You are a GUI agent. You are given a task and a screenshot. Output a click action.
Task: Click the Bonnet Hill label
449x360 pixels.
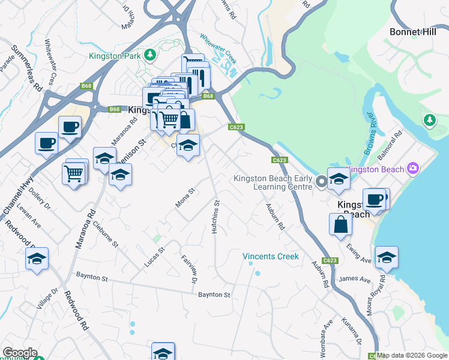click(x=412, y=32)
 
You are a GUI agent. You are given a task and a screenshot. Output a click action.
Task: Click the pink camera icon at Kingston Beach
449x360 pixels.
click(x=412, y=169)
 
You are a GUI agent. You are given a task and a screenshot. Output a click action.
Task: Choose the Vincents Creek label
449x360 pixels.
click(x=270, y=256)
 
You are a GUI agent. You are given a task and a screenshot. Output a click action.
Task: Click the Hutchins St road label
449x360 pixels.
click(x=217, y=217)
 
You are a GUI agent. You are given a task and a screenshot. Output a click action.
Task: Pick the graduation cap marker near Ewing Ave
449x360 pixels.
click(x=387, y=257)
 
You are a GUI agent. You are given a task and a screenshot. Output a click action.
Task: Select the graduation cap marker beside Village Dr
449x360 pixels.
click(x=37, y=259)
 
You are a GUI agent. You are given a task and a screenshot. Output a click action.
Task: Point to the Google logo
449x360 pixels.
click(x=20, y=352)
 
